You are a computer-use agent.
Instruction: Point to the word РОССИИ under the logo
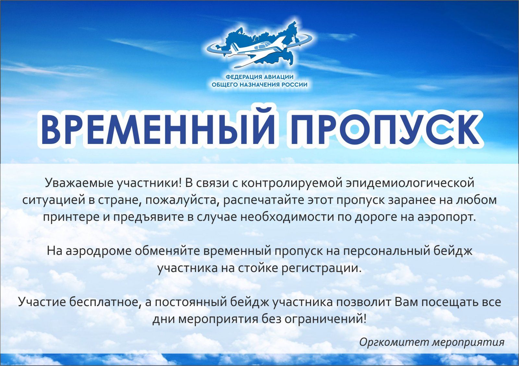coord(294,85)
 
